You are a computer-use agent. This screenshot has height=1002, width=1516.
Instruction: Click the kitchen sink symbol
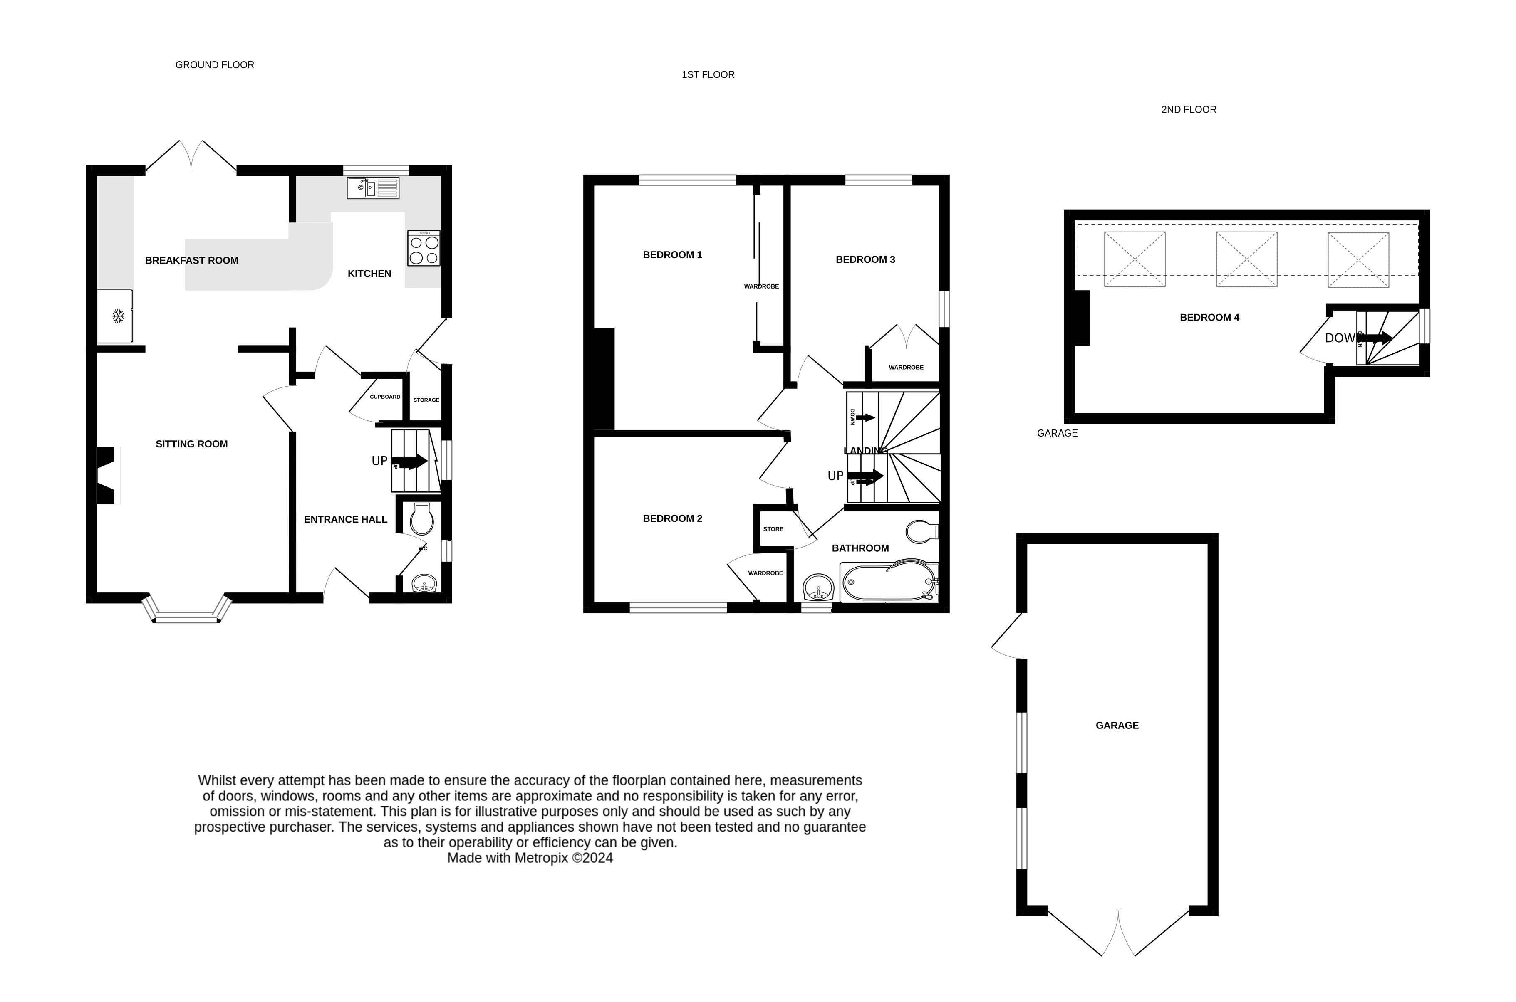[373, 188]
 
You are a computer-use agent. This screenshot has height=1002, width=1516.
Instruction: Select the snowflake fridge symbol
[118, 316]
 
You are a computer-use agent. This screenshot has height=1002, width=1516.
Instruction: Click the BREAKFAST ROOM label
[191, 260]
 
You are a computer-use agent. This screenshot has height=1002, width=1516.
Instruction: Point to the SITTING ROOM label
[191, 444]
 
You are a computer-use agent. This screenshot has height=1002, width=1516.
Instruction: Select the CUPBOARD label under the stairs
[385, 397]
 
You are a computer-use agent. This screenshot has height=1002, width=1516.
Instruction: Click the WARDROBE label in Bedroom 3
[906, 368]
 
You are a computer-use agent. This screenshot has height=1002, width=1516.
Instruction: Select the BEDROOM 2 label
[672, 518]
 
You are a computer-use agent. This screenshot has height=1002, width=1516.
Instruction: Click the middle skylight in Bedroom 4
[1246, 259]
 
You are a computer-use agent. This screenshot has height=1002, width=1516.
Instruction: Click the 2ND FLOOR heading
[1189, 110]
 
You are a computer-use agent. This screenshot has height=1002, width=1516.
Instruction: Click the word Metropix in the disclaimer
[541, 858]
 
